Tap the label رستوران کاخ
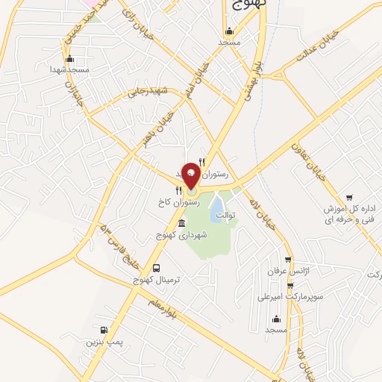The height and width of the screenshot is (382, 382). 178,202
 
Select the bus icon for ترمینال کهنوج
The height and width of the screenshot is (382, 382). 156,268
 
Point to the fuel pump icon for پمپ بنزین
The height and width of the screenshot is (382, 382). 104,331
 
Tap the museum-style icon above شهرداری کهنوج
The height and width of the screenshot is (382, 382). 181,223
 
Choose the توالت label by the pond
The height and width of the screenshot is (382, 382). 225,216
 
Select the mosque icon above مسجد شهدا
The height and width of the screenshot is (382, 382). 70,58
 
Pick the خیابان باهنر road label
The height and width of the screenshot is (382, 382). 160,127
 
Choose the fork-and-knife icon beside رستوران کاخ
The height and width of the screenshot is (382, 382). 178,190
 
